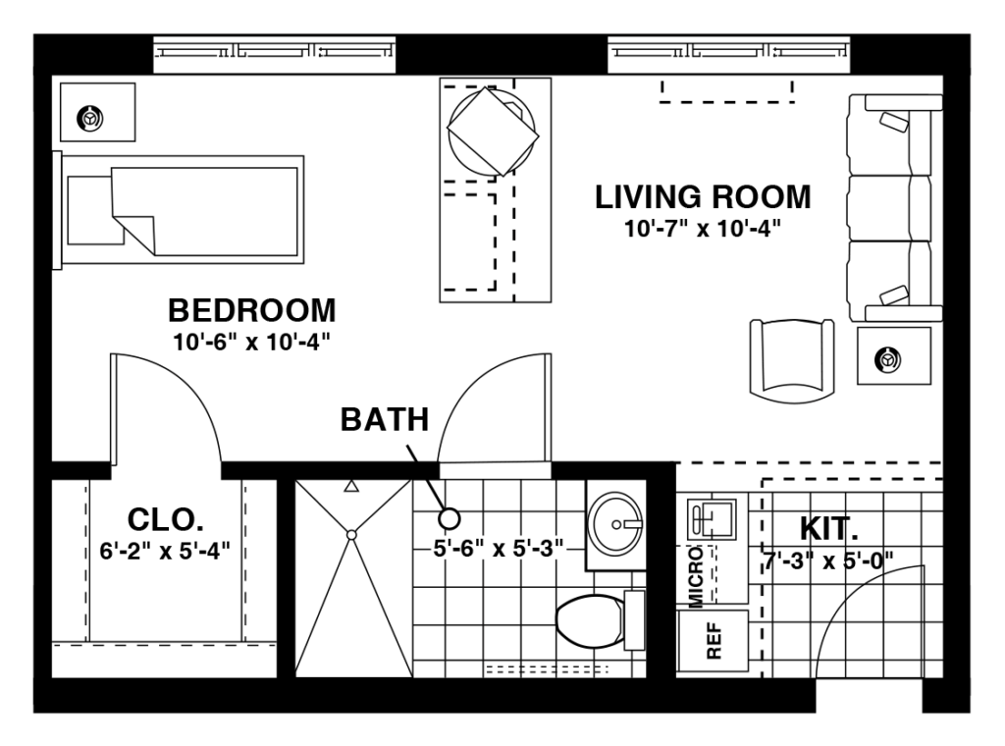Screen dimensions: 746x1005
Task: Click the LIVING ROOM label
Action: (703, 196)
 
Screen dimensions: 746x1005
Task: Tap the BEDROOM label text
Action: (252, 311)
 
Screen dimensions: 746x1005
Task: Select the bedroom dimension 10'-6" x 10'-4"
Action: (252, 343)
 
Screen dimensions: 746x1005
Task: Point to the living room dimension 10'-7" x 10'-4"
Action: (703, 230)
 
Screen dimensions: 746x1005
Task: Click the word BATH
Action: (385, 420)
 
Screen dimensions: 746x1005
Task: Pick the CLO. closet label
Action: (165, 517)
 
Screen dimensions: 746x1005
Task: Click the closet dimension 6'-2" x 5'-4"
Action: (165, 550)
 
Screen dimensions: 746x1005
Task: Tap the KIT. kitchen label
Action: (829, 529)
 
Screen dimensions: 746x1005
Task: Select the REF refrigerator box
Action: (714, 640)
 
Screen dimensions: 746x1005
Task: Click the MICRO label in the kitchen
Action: (695, 578)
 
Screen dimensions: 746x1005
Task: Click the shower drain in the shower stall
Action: (351, 534)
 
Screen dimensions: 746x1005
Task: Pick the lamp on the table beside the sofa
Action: (889, 360)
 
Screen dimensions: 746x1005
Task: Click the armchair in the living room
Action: (792, 359)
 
